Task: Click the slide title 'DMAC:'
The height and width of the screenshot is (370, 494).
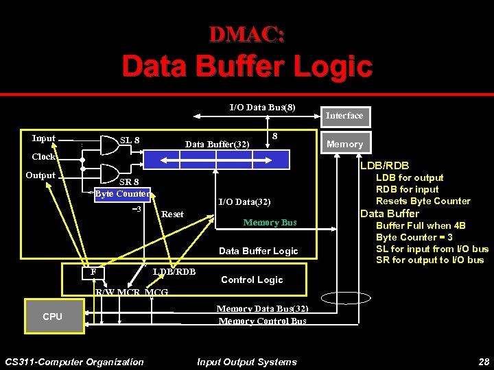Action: tap(247, 34)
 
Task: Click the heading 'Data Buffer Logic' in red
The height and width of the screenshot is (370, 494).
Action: tap(247, 67)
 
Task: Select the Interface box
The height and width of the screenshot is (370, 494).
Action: tap(344, 116)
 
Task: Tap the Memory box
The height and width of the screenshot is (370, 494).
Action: tap(344, 144)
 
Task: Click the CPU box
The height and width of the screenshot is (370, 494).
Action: tap(52, 317)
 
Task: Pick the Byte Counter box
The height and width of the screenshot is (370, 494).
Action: tap(122, 194)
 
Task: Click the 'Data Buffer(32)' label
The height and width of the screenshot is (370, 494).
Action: tap(217, 144)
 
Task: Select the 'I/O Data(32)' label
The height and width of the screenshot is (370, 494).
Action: tap(244, 202)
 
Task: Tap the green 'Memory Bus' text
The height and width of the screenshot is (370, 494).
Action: tap(270, 223)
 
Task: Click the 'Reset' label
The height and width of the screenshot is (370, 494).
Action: tap(172, 214)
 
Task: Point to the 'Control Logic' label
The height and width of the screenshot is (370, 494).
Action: tap(252, 280)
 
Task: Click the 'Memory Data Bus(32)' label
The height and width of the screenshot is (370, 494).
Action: tap(262, 309)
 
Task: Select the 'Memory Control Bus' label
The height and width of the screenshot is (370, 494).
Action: tap(262, 321)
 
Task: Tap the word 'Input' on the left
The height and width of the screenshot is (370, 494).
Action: tap(44, 138)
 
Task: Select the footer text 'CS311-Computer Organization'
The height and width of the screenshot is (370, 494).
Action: tap(74, 362)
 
